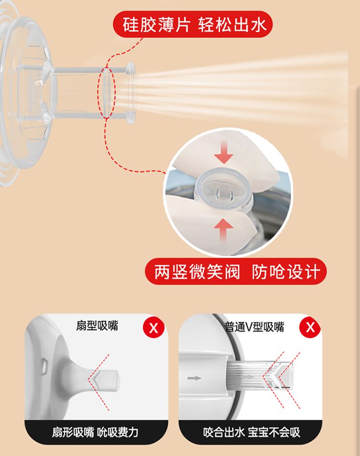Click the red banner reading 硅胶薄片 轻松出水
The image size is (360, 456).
[x=192, y=24]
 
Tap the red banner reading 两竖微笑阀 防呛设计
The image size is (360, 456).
[x=236, y=272]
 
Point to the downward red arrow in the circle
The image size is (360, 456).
[x=224, y=151]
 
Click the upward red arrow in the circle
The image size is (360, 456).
[x=223, y=229]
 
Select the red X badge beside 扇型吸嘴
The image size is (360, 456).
[x=154, y=328]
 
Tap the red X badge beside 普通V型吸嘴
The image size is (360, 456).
[x=310, y=327]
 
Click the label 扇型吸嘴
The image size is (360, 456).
[x=97, y=326]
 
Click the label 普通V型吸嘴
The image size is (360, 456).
[x=254, y=327]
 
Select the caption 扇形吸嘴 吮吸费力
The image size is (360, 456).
[x=96, y=432]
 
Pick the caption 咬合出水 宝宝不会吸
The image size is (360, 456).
[x=252, y=432]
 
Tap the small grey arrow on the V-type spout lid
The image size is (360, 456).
[x=194, y=378]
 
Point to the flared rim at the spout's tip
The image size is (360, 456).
[x=131, y=93]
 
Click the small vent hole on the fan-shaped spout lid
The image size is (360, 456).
[x=44, y=366]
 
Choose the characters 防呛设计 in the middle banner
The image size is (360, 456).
[x=286, y=272]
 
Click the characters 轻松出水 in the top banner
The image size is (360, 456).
[x=232, y=24]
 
